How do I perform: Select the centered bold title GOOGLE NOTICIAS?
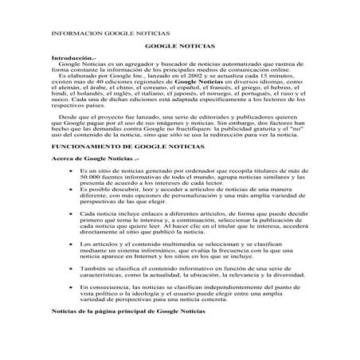click(x=179, y=49)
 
